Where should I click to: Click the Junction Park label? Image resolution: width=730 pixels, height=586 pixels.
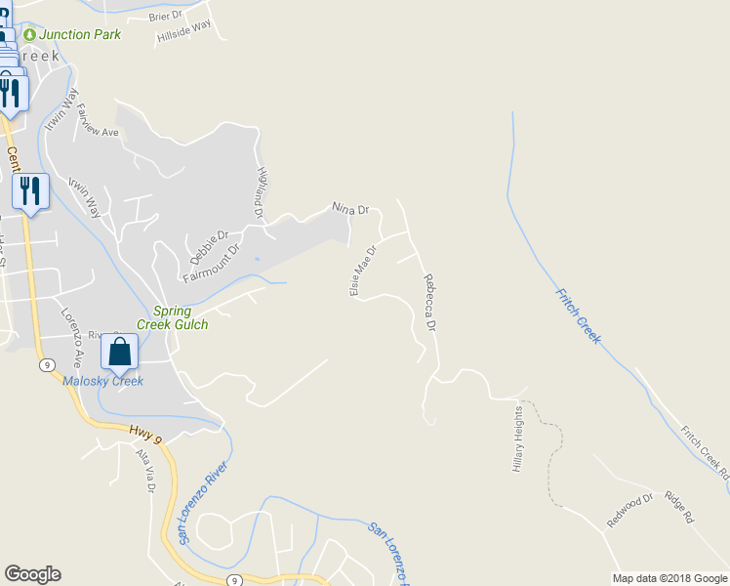coord(80,34)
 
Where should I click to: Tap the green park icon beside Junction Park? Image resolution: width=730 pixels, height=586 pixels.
coord(29,34)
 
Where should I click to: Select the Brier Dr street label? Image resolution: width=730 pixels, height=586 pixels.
coord(166,17)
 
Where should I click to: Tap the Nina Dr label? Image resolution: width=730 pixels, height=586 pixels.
coord(350,209)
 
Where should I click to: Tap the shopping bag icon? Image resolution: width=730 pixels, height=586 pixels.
coord(120,352)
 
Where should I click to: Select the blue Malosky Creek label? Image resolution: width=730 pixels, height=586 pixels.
coord(103,381)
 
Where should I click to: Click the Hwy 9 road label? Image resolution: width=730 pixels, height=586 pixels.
coord(148,434)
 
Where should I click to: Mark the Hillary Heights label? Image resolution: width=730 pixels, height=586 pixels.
coord(517,440)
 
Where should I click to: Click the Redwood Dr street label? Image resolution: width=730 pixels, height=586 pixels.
coord(629,511)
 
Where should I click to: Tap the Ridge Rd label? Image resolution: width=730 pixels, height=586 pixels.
coord(678,505)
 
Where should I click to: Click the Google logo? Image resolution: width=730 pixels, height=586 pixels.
coord(32,574)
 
